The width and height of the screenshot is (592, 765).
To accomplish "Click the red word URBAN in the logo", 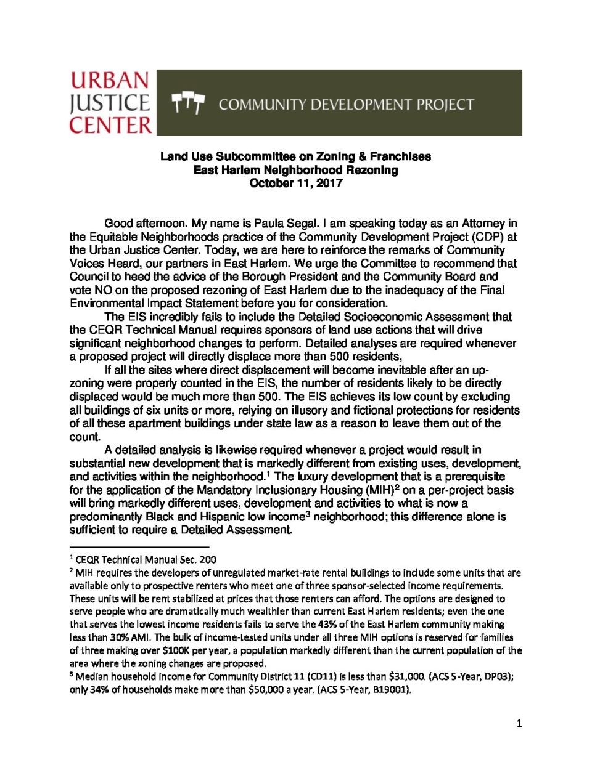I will (110, 81).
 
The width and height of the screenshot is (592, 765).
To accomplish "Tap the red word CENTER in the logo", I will (110, 125).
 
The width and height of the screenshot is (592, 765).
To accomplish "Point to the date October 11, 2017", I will (296, 183).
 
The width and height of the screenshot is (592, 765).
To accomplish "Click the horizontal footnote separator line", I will (139, 547).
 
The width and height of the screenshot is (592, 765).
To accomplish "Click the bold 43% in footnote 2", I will (327, 625).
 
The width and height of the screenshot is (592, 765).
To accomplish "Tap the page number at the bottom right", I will (519, 723).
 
